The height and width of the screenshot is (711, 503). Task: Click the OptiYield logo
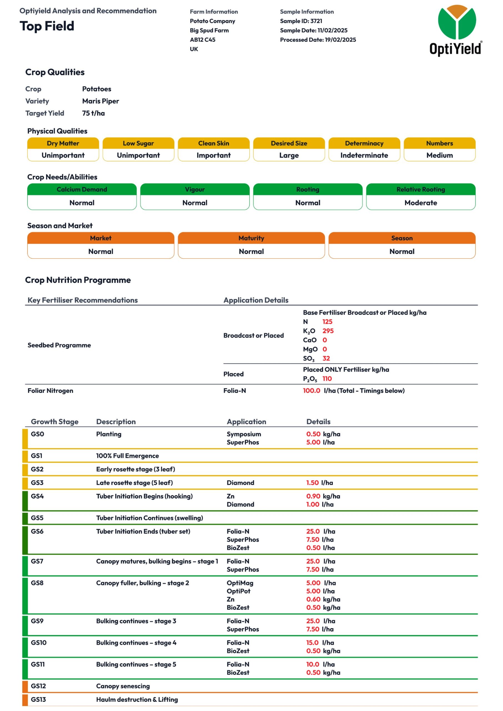click(456, 30)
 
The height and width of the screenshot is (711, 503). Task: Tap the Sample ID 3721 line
click(301, 21)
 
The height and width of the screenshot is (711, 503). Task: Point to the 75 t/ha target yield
click(93, 113)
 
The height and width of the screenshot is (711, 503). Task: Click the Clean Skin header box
click(213, 143)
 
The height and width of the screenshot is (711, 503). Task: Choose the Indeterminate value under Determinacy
click(364, 155)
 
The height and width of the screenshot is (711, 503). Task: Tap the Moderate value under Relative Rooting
click(420, 202)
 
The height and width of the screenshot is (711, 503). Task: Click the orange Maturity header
click(251, 238)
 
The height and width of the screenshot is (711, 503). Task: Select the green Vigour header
click(194, 189)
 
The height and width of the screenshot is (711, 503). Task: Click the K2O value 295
click(328, 331)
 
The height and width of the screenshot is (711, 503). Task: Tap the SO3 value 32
click(326, 358)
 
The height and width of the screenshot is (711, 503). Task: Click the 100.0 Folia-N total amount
click(311, 390)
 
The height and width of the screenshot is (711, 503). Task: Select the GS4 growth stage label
click(37, 496)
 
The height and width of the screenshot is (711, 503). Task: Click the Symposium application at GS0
click(244, 434)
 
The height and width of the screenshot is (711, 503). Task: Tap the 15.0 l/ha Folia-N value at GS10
click(312, 643)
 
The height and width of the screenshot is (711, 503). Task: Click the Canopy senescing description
click(123, 686)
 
